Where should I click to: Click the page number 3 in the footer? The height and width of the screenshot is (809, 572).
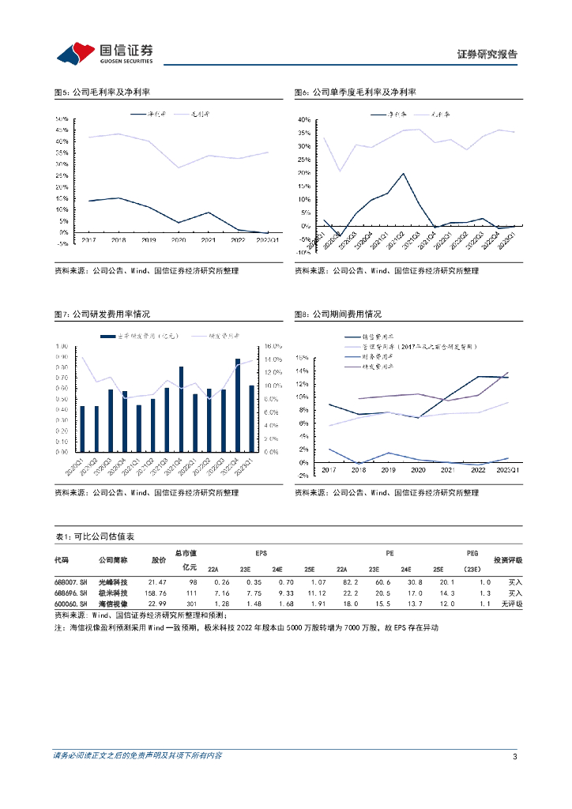click(x=514, y=757)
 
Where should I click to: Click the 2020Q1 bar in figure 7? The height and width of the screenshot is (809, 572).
click(x=81, y=429)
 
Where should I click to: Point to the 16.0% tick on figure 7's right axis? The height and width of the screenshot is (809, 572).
click(x=271, y=346)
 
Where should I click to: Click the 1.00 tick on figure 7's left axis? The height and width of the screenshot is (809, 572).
click(x=62, y=346)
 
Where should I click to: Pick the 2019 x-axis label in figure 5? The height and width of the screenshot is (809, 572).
click(x=149, y=239)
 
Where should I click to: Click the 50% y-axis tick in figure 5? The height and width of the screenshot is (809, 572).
click(x=62, y=119)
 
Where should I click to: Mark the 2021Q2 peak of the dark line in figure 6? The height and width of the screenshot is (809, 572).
click(x=403, y=174)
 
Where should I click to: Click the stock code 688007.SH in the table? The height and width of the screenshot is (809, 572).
click(x=67, y=581)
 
